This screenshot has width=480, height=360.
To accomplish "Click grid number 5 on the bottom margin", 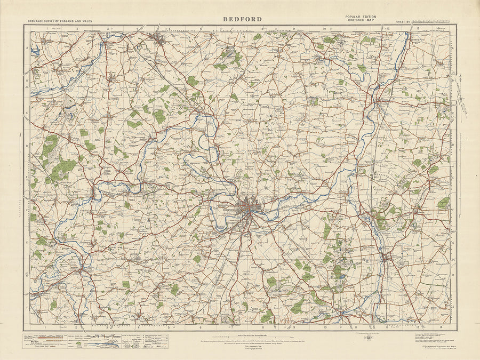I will (x=169, y=327).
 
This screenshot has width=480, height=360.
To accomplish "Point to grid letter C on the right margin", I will (x=453, y=113).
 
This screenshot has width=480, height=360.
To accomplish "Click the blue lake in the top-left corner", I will (x=35, y=52).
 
